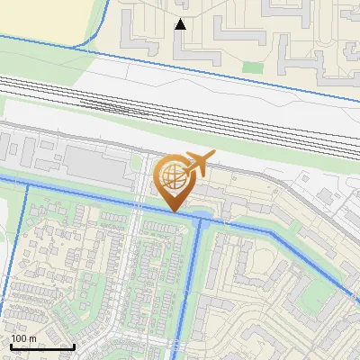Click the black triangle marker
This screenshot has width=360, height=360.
[x=181, y=24]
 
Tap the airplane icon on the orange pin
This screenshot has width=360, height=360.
[x=198, y=165]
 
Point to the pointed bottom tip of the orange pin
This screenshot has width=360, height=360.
[x=175, y=211]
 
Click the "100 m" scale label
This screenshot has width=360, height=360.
[x=23, y=338]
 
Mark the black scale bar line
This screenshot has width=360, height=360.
[x=42, y=346]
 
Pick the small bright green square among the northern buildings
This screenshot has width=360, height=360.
[x=253, y=67]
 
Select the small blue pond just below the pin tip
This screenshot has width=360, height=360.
[x=204, y=217]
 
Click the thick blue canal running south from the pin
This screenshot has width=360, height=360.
[x=192, y=279]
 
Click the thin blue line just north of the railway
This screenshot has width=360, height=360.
[x=225, y=67]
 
